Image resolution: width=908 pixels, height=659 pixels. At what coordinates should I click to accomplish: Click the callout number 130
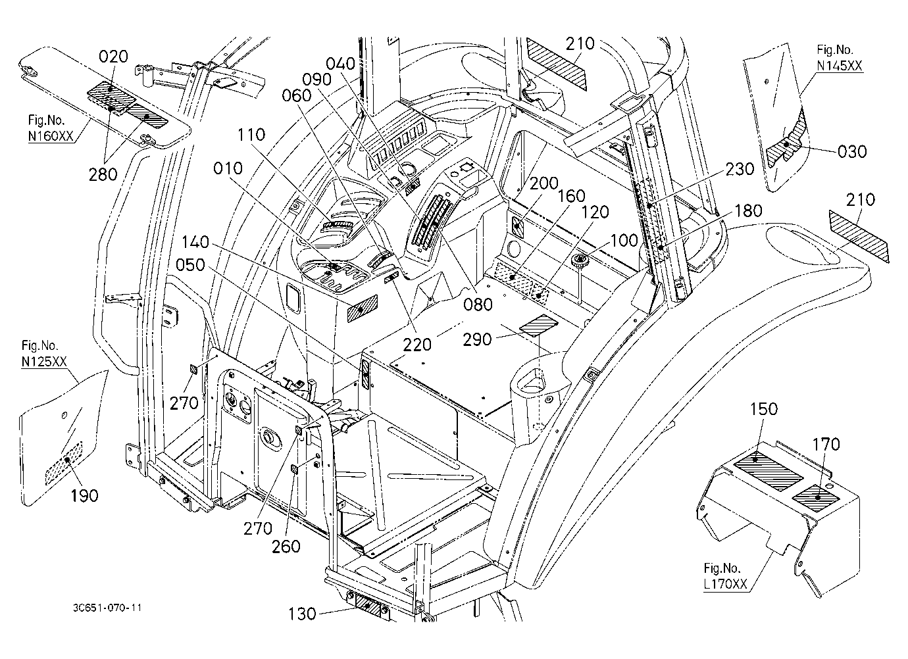(302, 614)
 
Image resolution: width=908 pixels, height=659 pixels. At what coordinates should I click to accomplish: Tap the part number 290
(477, 339)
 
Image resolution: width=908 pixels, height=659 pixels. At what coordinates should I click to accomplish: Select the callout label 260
(286, 547)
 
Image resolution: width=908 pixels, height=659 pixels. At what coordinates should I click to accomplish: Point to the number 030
(852, 151)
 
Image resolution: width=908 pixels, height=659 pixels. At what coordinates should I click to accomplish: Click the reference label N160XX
(51, 135)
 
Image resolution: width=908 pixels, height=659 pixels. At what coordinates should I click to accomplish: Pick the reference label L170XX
(725, 583)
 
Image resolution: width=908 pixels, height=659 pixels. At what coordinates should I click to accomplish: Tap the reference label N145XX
(840, 66)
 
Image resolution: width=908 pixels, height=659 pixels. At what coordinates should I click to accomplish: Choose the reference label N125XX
(44, 361)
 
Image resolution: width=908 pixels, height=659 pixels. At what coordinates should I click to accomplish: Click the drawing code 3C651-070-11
(107, 608)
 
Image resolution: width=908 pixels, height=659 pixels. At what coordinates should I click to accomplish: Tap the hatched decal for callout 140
(362, 308)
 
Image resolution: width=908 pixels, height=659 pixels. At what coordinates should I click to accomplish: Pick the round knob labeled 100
(579, 260)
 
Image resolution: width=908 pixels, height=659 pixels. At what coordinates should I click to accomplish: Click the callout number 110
(251, 134)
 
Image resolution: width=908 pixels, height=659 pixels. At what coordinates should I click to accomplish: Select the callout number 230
(740, 169)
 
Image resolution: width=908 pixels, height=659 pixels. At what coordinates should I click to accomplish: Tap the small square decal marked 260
(295, 470)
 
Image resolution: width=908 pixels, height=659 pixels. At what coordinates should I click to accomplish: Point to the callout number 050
(190, 264)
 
